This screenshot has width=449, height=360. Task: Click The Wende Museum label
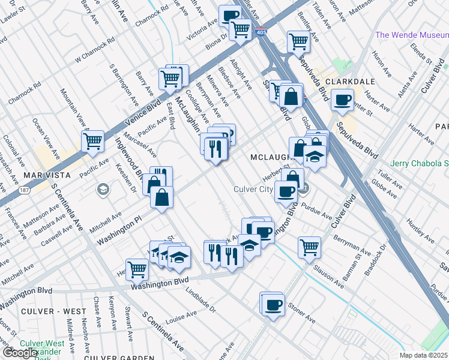point(411,35)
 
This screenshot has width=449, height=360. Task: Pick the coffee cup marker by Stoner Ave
point(273,304)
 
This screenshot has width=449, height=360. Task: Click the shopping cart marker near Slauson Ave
point(309,246)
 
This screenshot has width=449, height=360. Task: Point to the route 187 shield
point(24,190)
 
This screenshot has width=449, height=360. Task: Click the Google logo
point(20,352)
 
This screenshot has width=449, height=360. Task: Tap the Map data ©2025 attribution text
point(424,355)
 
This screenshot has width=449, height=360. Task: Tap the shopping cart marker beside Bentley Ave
point(298,42)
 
